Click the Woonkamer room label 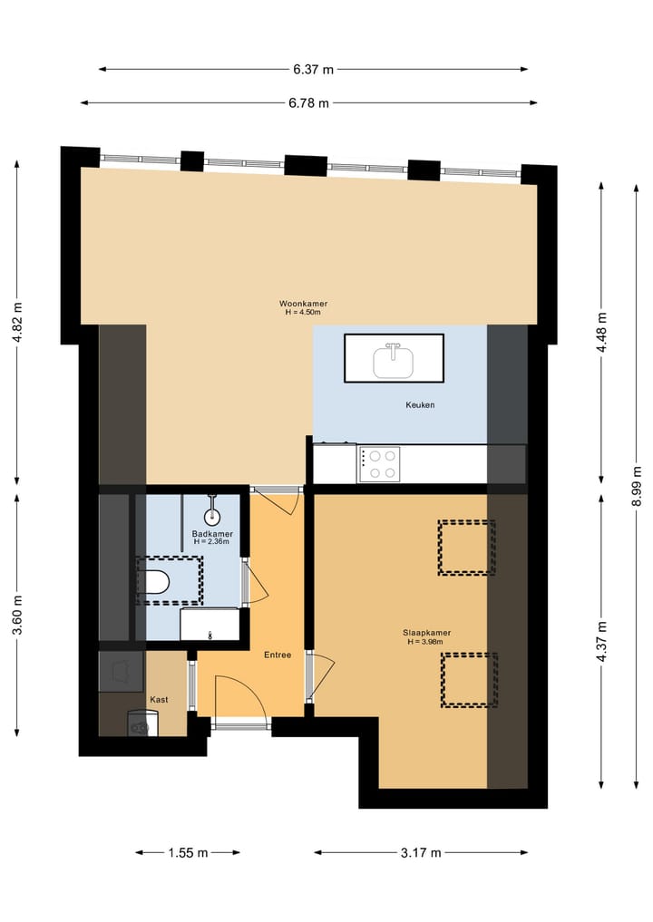(x=303, y=304)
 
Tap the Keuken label (x=420, y=404)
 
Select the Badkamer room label (x=212, y=534)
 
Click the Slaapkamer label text (x=427, y=633)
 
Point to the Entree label (x=278, y=655)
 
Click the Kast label (x=159, y=699)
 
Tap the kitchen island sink (x=394, y=359)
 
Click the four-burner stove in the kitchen (x=379, y=464)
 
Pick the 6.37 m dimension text (x=313, y=69)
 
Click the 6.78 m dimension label (x=308, y=102)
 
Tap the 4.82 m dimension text (x=17, y=323)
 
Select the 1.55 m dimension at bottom (x=188, y=852)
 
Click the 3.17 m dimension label (x=420, y=852)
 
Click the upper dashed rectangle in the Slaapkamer (x=466, y=548)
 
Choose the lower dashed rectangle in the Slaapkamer (x=469, y=680)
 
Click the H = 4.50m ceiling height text (x=303, y=313)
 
